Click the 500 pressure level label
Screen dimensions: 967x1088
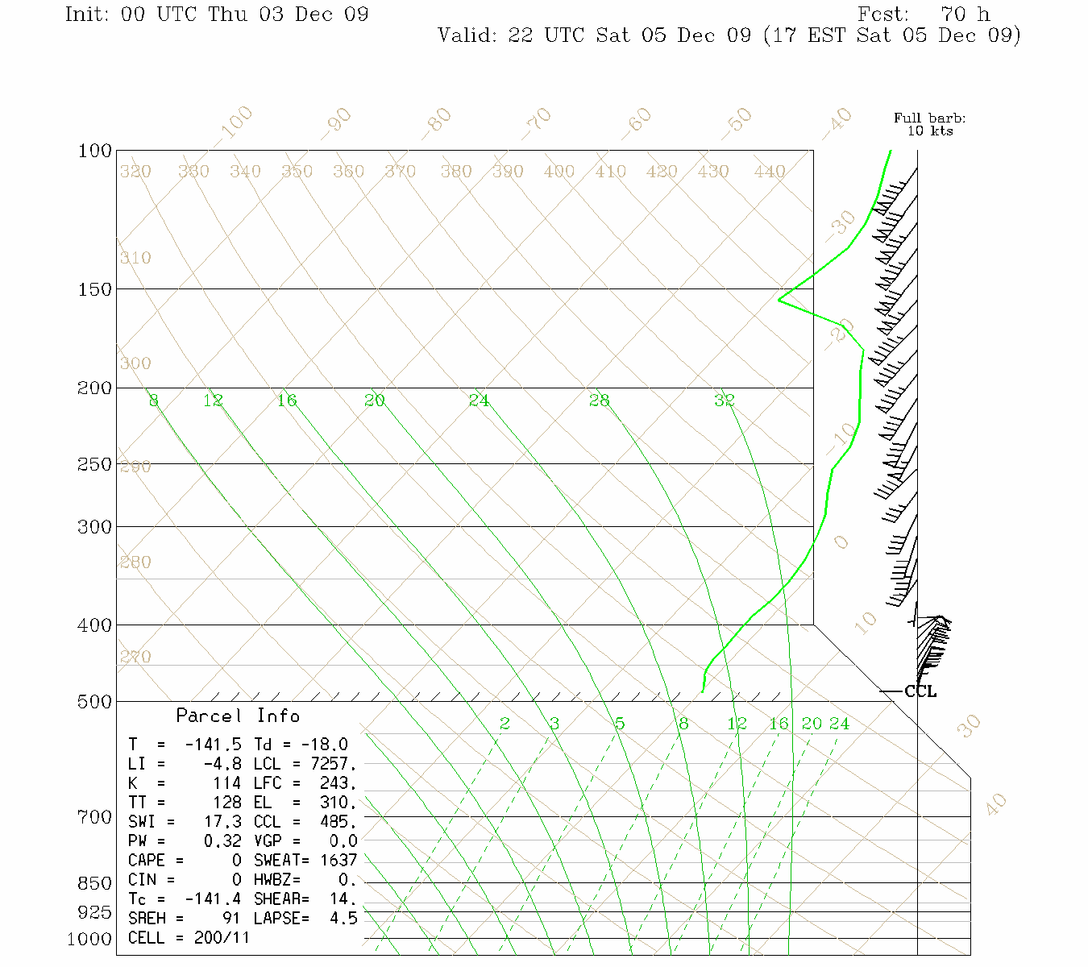coord(95,702)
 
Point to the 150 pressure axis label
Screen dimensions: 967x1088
coord(95,288)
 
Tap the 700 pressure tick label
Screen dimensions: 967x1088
coord(95,817)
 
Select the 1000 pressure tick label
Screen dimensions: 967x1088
coord(89,939)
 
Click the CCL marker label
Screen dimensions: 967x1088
coord(920,691)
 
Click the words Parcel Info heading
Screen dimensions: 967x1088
coord(238,716)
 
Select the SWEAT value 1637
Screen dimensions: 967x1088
coord(338,861)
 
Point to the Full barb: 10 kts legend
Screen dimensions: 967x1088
coord(929,124)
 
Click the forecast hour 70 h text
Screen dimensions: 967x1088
coord(965,15)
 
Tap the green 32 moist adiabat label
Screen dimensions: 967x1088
coord(725,400)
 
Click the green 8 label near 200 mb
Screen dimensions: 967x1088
coord(153,400)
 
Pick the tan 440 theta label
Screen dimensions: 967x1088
coord(770,172)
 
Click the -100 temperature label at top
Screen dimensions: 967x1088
coord(235,122)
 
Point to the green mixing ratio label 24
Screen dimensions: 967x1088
coord(839,724)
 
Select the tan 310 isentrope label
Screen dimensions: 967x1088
coord(135,258)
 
